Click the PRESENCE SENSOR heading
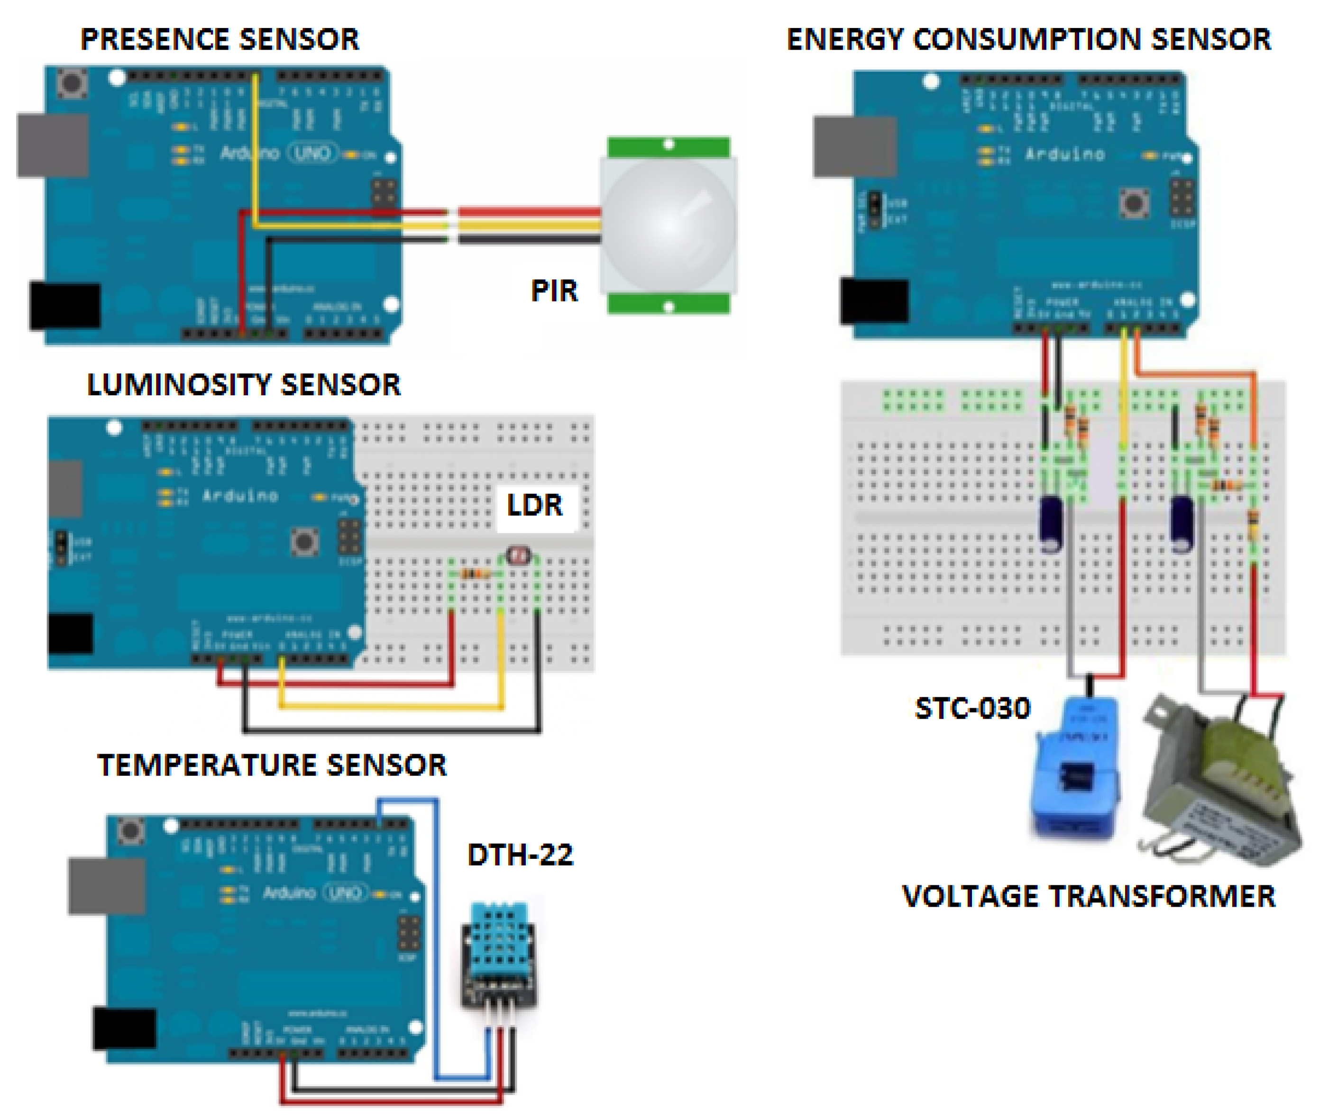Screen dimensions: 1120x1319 coord(219,39)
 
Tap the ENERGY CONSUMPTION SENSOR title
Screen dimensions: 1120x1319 coord(1028,39)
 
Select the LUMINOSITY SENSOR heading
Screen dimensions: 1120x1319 coord(243,385)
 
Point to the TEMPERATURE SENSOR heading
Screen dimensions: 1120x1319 coord(271,765)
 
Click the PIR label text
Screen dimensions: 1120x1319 coord(554,291)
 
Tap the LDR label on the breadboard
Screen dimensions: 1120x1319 coord(534,505)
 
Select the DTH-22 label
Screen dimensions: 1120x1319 coord(520,855)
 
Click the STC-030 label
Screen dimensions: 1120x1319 coord(971,709)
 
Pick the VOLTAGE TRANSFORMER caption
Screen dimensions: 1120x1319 coord(1088,896)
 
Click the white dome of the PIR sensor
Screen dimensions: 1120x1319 coord(668,226)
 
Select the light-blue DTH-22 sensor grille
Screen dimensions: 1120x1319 coord(500,940)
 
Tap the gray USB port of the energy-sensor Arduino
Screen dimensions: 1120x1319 coord(854,146)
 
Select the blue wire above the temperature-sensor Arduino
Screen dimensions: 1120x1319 coord(406,802)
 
